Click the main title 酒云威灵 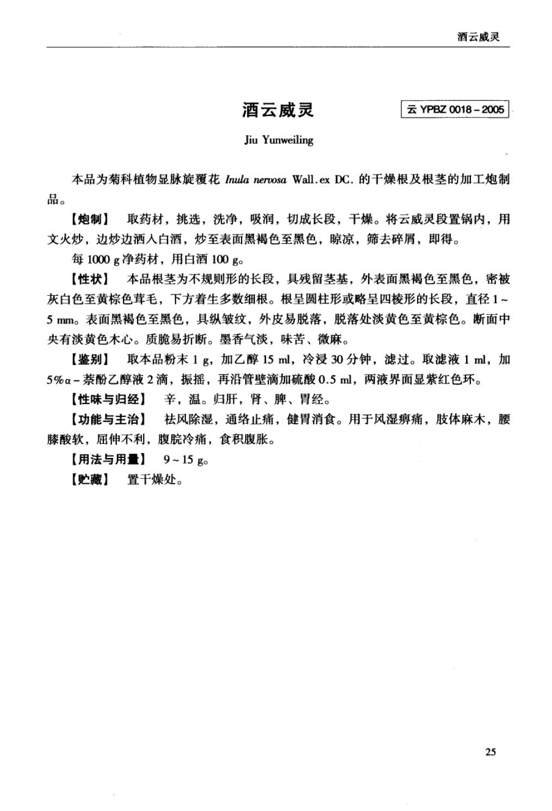278,110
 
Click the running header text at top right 479,37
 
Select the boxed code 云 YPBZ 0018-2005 455,109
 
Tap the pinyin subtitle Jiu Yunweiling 278,140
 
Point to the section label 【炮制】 90,220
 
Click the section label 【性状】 90,280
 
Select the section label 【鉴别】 90,360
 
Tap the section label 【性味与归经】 109,400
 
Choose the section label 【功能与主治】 109,419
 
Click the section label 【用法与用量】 109,460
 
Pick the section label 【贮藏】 90,480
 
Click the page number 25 490,752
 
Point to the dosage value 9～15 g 185,460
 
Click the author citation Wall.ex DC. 322,180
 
